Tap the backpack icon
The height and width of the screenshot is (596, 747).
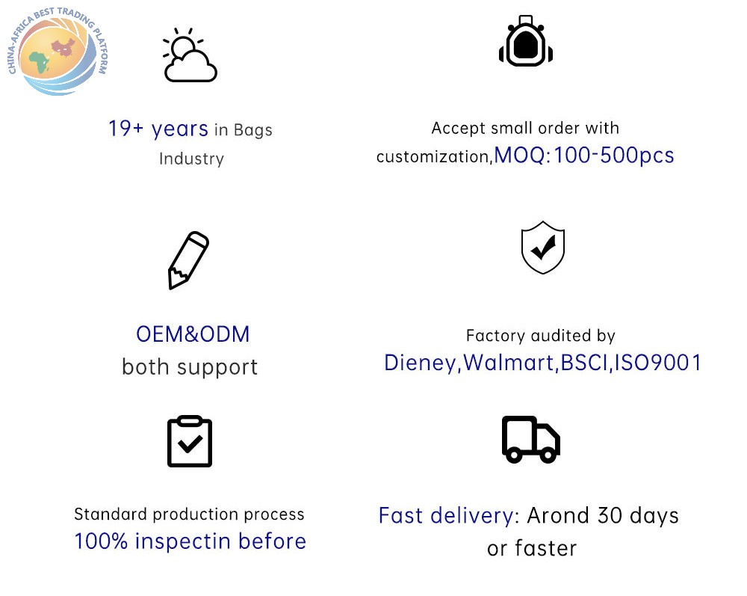pos(525,41)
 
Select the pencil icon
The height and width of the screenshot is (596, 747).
pos(188,260)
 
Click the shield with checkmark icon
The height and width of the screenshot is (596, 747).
pos(542,248)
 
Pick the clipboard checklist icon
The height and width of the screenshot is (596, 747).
pos(190,441)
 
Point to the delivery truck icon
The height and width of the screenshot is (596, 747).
pos(530,440)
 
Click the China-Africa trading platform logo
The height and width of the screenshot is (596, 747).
pos(58,52)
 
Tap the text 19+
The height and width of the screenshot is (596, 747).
pos(125,129)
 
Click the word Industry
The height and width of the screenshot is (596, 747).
pos(191,159)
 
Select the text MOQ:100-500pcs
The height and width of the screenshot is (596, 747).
pos(584,156)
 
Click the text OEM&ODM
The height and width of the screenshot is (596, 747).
pos(193,334)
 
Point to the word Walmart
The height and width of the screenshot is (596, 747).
pos(508,363)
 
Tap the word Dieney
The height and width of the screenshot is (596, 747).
pos(420,363)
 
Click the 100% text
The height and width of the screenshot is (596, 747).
pos(101,541)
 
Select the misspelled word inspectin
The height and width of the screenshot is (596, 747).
pos(183,541)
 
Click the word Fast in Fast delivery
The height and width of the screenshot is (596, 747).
pos(400,516)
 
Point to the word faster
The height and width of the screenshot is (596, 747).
pos(545,548)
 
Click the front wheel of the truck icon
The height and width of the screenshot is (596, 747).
pos(548,455)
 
